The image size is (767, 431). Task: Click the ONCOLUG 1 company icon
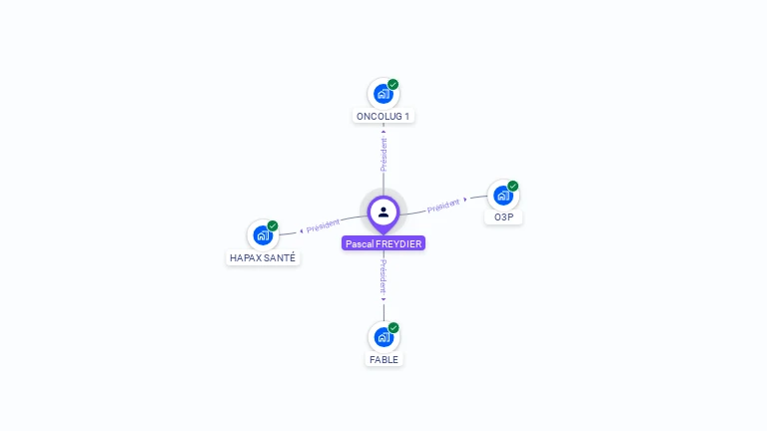click(383, 94)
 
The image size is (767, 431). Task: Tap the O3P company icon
click(502, 196)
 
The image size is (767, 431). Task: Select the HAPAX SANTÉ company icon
click(263, 235)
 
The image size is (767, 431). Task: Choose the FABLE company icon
click(383, 337)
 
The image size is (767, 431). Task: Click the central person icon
click(383, 212)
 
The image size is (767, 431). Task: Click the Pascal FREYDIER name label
click(383, 243)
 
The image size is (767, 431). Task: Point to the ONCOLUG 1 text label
click(383, 117)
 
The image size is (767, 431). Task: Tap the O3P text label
click(502, 217)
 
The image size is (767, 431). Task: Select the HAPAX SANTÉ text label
click(263, 257)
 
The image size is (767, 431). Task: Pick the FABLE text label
click(383, 359)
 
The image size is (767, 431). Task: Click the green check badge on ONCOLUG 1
click(393, 84)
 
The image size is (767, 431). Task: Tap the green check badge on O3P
click(513, 186)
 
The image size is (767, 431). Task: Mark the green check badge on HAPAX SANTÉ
click(273, 225)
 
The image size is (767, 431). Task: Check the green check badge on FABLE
click(393, 327)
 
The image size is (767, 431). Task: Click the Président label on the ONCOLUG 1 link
click(383, 154)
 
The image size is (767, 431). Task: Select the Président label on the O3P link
click(443, 205)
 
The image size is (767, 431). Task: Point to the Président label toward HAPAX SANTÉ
click(324, 226)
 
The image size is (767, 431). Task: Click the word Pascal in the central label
click(360, 243)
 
